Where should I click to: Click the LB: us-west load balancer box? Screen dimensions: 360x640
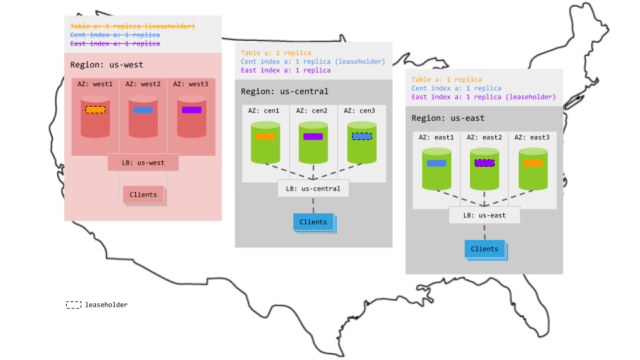(143, 162)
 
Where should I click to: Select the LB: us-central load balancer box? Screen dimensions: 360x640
(313, 189)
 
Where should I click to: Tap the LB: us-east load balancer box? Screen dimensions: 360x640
(484, 215)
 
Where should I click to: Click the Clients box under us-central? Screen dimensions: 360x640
(313, 222)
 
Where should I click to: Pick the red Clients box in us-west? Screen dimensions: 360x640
(143, 195)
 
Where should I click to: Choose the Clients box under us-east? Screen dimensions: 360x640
(484, 249)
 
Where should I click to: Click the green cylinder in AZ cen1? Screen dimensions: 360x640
(265, 142)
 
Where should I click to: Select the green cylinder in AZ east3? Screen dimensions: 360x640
(532, 169)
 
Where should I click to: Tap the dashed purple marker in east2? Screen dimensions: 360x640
(484, 163)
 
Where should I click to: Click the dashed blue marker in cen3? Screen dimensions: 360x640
(361, 136)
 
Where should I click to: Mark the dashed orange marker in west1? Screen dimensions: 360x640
(95, 109)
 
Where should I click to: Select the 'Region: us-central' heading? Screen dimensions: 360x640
(285, 91)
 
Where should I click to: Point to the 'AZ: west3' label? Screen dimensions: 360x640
(190, 84)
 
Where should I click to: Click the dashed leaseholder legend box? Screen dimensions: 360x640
(73, 305)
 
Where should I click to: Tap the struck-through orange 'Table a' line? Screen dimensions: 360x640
(133, 26)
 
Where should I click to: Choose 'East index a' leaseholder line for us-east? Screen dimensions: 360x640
(483, 97)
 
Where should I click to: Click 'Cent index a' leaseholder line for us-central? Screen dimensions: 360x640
(313, 61)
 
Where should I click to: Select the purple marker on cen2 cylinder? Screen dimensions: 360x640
(313, 136)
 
